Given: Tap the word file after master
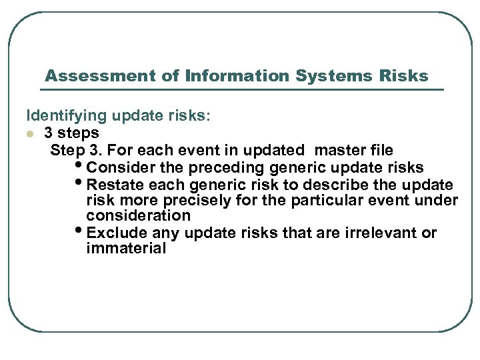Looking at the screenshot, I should coord(379,150).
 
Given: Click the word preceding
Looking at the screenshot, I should coord(227,167).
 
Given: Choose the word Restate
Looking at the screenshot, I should coord(117,184).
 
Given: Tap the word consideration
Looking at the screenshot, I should coord(138,216).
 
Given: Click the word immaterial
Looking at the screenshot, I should coord(126,249).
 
